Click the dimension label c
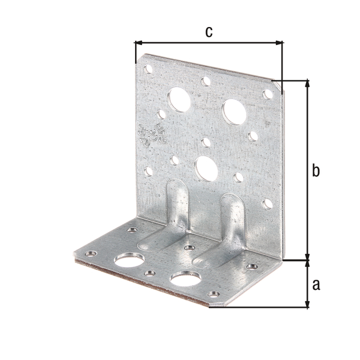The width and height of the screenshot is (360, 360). (x=208, y=32)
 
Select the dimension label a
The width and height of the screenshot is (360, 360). (x=316, y=284)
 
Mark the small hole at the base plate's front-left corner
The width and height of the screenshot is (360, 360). (x=91, y=254)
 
